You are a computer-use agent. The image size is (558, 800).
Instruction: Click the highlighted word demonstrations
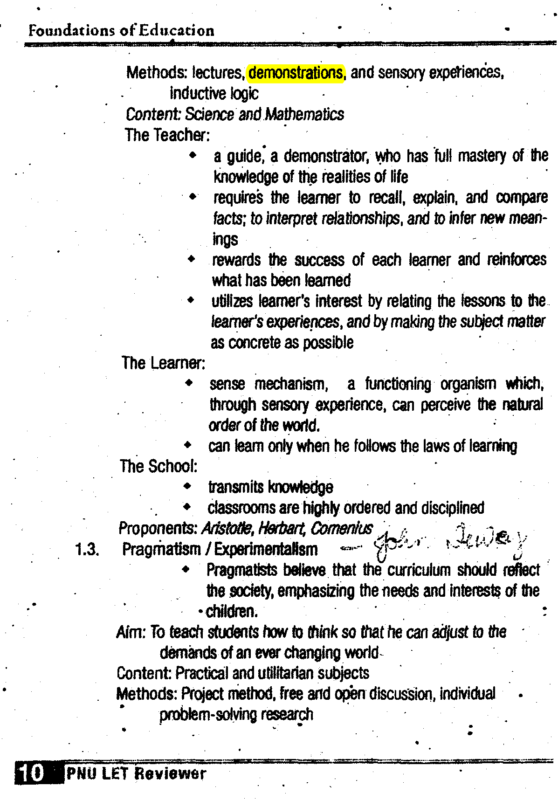[x=296, y=73]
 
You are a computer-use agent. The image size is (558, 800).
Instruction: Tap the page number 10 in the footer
[x=31, y=773]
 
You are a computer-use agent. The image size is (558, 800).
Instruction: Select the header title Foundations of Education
[x=121, y=31]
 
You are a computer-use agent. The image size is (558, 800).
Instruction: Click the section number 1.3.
[x=87, y=550]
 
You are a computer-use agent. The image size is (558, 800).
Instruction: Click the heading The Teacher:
[x=167, y=135]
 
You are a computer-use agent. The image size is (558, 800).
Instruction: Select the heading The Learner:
[x=163, y=363]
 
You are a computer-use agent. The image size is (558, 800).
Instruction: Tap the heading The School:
[x=158, y=466]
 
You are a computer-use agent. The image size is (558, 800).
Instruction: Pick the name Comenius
[x=342, y=528]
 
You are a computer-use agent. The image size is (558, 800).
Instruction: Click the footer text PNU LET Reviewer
[x=136, y=773]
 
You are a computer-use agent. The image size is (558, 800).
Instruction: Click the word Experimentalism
[x=266, y=550]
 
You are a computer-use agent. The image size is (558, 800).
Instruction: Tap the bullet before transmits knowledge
[x=187, y=486]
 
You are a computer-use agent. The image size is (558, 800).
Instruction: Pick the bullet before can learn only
[x=187, y=445]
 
